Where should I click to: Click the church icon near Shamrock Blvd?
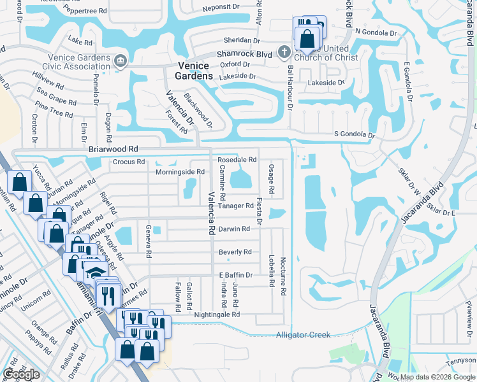click(x=285, y=51)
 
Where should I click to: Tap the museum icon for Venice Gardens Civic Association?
click(x=119, y=61)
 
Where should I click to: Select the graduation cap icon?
click(x=94, y=272)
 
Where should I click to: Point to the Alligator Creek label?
click(x=303, y=335)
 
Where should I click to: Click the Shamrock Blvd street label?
click(x=245, y=55)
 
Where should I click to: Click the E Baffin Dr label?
click(x=236, y=275)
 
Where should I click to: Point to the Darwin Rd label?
click(x=234, y=229)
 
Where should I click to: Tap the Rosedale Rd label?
click(x=237, y=160)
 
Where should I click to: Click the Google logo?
click(x=22, y=374)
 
